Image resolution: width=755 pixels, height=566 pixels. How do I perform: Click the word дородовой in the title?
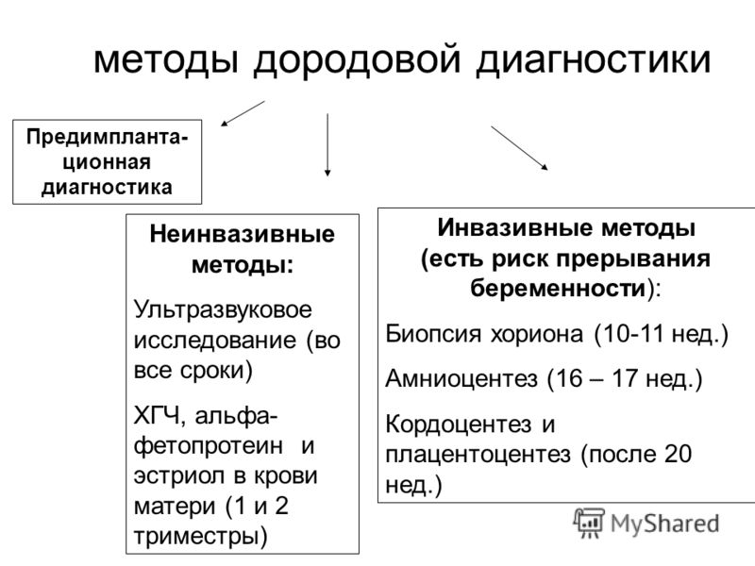(357, 59)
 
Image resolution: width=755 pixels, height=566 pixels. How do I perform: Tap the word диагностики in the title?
(594, 59)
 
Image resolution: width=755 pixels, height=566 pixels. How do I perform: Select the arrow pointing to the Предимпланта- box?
(243, 113)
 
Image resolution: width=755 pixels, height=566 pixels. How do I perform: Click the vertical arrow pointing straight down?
(327, 145)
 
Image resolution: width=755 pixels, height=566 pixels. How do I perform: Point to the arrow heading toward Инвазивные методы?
(519, 148)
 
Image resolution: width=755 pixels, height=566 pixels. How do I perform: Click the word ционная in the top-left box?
(107, 162)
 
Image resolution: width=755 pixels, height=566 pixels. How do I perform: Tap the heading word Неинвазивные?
(243, 234)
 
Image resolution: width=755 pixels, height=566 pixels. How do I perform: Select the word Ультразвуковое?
(223, 309)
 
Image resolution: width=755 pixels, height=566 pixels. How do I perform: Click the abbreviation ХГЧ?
(159, 416)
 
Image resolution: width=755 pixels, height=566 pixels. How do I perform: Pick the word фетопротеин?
(209, 446)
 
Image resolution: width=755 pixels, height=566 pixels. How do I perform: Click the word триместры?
(200, 537)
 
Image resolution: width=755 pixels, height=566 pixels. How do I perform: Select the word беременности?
(558, 289)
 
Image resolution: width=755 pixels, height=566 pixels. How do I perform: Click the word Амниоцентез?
(461, 379)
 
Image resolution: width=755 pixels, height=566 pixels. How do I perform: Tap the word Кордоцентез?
(459, 424)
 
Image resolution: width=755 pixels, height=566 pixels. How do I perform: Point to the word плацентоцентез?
(478, 455)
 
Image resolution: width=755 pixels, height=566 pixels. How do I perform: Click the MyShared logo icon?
(588, 523)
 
